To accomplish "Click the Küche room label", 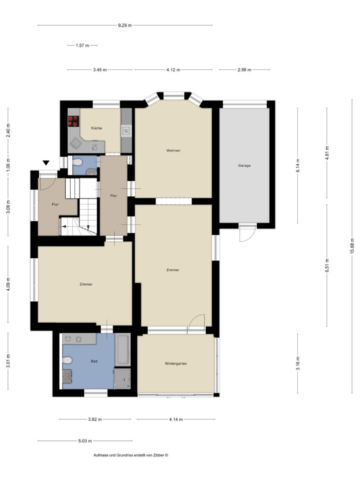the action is click(96, 128).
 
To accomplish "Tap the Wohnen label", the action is click(173, 150).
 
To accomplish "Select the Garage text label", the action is click(244, 166).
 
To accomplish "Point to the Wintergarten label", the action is click(176, 364).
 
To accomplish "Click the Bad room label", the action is click(94, 361).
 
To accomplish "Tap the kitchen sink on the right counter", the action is click(126, 131).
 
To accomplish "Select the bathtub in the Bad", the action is click(123, 349).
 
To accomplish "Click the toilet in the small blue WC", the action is click(78, 162).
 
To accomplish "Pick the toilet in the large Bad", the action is click(67, 360).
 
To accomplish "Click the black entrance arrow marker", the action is click(46, 163).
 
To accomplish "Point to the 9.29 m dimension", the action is click(125, 25).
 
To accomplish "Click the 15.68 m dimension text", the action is click(352, 246).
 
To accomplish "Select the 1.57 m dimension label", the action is click(82, 46).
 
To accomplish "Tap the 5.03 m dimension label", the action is click(85, 441).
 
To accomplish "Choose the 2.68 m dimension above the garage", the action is click(244, 70).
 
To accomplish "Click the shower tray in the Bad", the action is click(123, 379).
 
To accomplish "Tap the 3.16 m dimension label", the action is click(298, 364).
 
